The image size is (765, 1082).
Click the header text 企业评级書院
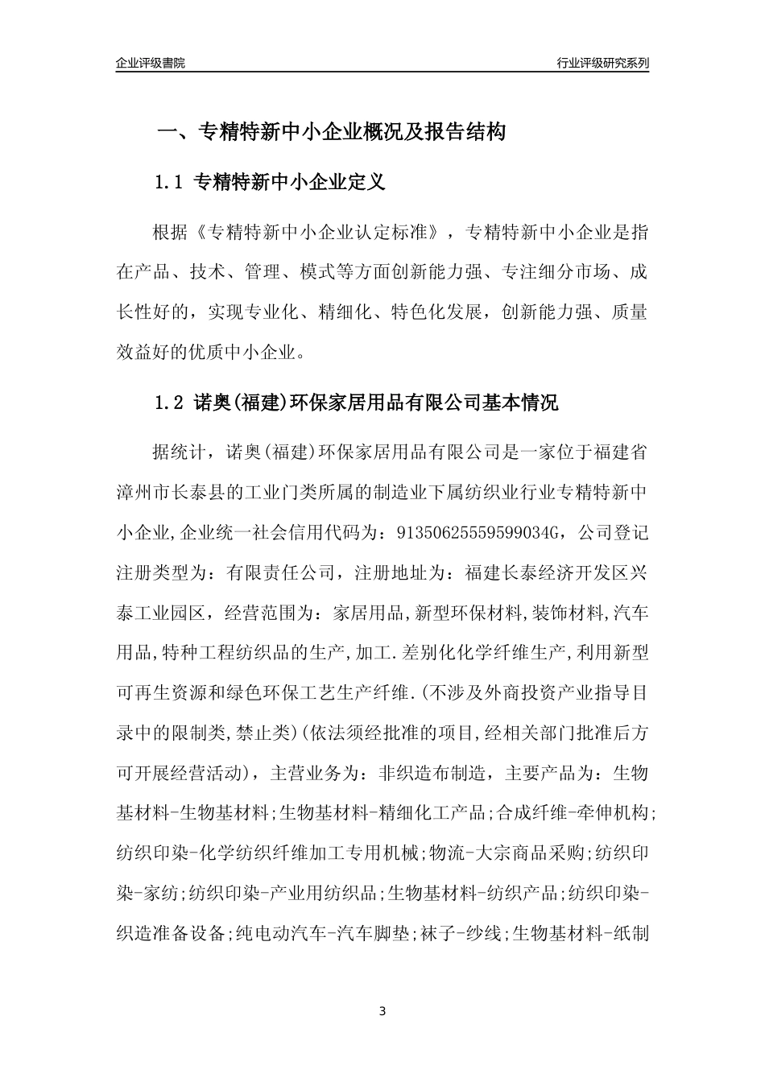[151, 63]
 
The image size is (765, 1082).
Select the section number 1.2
[169, 403]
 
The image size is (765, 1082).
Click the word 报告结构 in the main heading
[467, 133]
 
